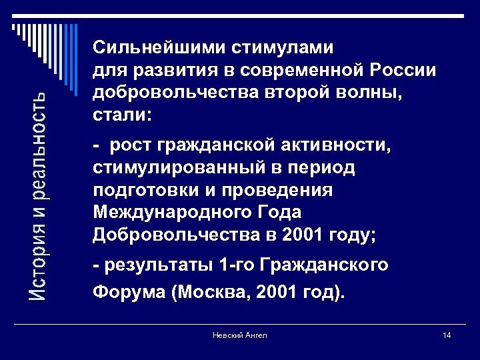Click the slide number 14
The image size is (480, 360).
[447, 335]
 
